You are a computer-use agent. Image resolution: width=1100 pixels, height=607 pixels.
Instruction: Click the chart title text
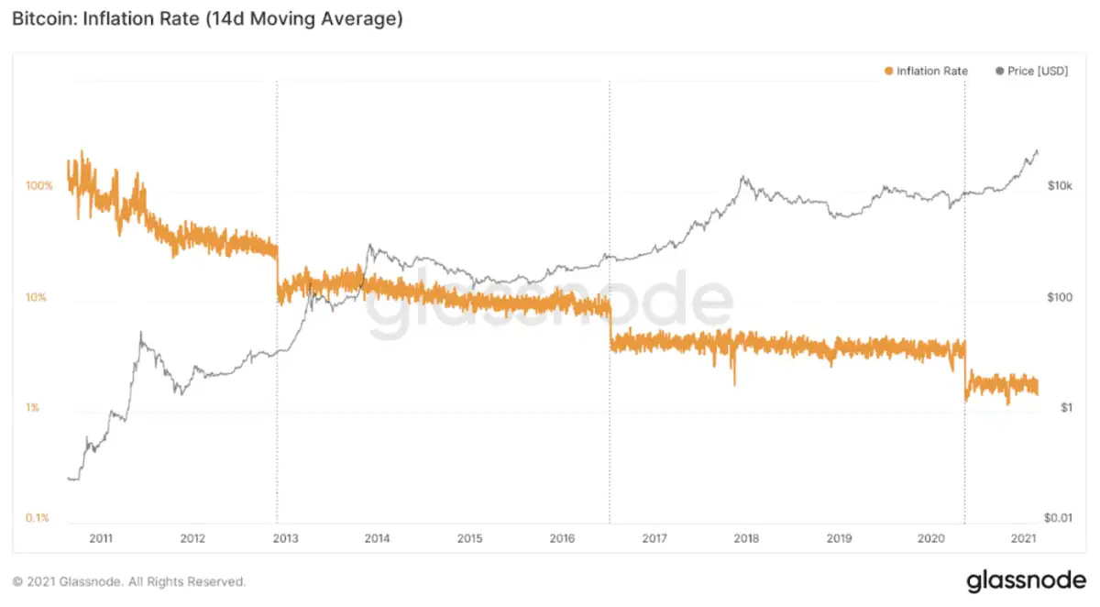[207, 18]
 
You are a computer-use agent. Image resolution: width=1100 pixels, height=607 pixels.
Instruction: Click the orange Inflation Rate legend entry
[926, 71]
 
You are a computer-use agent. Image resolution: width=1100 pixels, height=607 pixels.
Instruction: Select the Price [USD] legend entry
[1031, 71]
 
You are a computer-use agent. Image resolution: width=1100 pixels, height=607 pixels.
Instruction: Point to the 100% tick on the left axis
[39, 186]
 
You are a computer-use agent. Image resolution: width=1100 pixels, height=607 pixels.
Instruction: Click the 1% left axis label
[32, 408]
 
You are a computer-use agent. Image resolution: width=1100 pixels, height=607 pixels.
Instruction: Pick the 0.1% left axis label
[38, 519]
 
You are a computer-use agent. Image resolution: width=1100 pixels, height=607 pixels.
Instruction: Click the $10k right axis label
[1061, 186]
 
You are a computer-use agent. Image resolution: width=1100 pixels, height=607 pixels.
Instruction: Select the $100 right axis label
[1061, 297]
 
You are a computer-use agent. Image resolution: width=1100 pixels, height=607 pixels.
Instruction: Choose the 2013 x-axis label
[285, 538]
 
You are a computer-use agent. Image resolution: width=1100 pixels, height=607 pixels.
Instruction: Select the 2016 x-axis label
[562, 538]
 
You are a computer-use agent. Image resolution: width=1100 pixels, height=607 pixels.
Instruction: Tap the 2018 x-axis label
[746, 538]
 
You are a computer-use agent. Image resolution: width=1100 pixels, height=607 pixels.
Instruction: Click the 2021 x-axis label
[1023, 538]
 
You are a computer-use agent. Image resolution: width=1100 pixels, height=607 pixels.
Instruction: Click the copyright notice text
[128, 581]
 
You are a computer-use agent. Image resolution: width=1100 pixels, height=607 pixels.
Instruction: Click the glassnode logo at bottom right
[1027, 580]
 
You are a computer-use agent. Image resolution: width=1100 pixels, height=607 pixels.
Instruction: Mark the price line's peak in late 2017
[742, 177]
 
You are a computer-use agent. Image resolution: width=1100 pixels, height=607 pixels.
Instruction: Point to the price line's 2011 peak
[141, 333]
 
